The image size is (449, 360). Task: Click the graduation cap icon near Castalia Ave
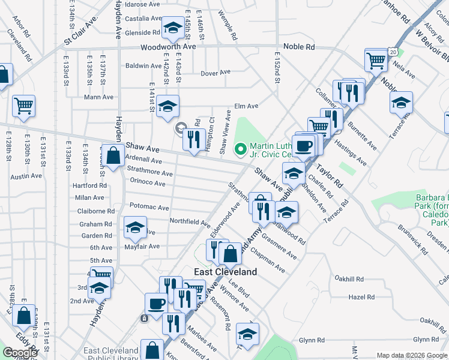click(x=173, y=27)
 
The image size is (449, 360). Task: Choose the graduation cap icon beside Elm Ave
click(x=168, y=106)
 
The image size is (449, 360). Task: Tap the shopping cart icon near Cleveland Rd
click(x=23, y=106)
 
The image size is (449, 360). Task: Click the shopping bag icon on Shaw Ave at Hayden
click(x=113, y=155)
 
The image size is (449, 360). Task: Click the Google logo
click(x=20, y=353)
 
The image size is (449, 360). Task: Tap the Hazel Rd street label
click(x=361, y=297)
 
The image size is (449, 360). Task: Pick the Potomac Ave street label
click(x=149, y=206)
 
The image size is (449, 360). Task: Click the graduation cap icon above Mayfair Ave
click(x=135, y=227)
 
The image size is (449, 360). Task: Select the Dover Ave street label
click(x=215, y=73)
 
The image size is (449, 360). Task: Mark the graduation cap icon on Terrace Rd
click(x=401, y=103)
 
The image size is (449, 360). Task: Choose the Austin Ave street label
click(x=25, y=177)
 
